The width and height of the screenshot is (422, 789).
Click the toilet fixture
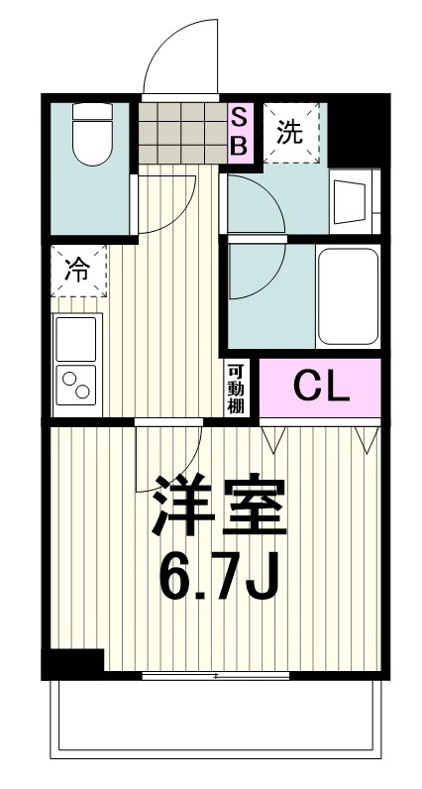pyautogui.click(x=94, y=138)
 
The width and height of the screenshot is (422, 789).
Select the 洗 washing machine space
pyautogui.click(x=289, y=131)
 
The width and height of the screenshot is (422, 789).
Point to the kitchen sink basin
pyautogui.click(x=76, y=338)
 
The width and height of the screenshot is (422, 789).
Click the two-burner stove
pyautogui.click(x=76, y=388)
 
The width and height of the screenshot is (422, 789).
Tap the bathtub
pyautogui.click(x=347, y=296)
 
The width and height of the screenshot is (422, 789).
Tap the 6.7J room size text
pyautogui.click(x=218, y=577)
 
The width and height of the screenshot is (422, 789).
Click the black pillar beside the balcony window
pyautogui.click(x=74, y=662)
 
